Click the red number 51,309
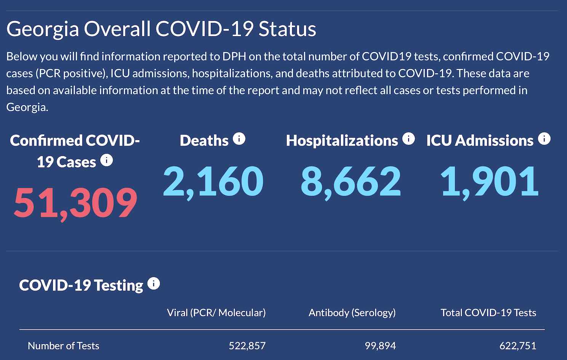coord(75,203)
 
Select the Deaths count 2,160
coord(213,182)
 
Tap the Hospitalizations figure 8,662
coord(351,182)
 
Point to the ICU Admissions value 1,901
coord(489,182)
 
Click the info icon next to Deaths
coord(239,139)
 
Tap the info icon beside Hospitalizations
coord(409,139)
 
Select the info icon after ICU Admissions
coord(544,139)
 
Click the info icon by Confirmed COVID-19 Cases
coord(107,160)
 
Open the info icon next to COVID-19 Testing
coord(153,284)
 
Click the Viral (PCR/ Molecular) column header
coord(216,313)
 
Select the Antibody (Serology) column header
coord(352,313)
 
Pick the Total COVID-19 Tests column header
coord(488,313)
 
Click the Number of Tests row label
coord(64,346)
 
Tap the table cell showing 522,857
coord(247,346)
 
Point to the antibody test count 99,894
coord(380,346)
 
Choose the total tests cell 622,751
coord(517,346)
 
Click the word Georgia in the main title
coord(43,30)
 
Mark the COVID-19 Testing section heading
coord(81,285)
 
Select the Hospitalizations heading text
coord(342,141)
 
